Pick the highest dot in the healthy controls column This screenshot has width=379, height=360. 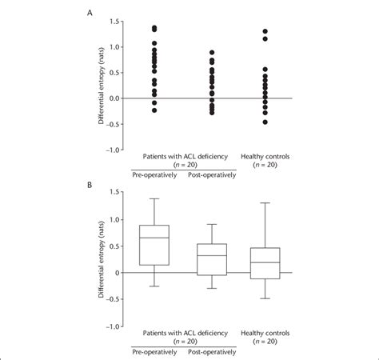coord(265,31)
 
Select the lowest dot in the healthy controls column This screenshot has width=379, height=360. coord(265,122)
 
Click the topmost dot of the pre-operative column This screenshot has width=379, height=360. coord(154,27)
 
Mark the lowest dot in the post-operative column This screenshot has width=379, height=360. coord(211,113)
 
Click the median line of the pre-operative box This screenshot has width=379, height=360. coord(154,238)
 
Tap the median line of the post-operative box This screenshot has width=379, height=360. coord(211,255)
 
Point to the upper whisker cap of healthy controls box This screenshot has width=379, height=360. coord(265,203)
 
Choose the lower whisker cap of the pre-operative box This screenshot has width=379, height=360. coord(154,286)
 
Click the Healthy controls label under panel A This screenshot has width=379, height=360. coord(265,157)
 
